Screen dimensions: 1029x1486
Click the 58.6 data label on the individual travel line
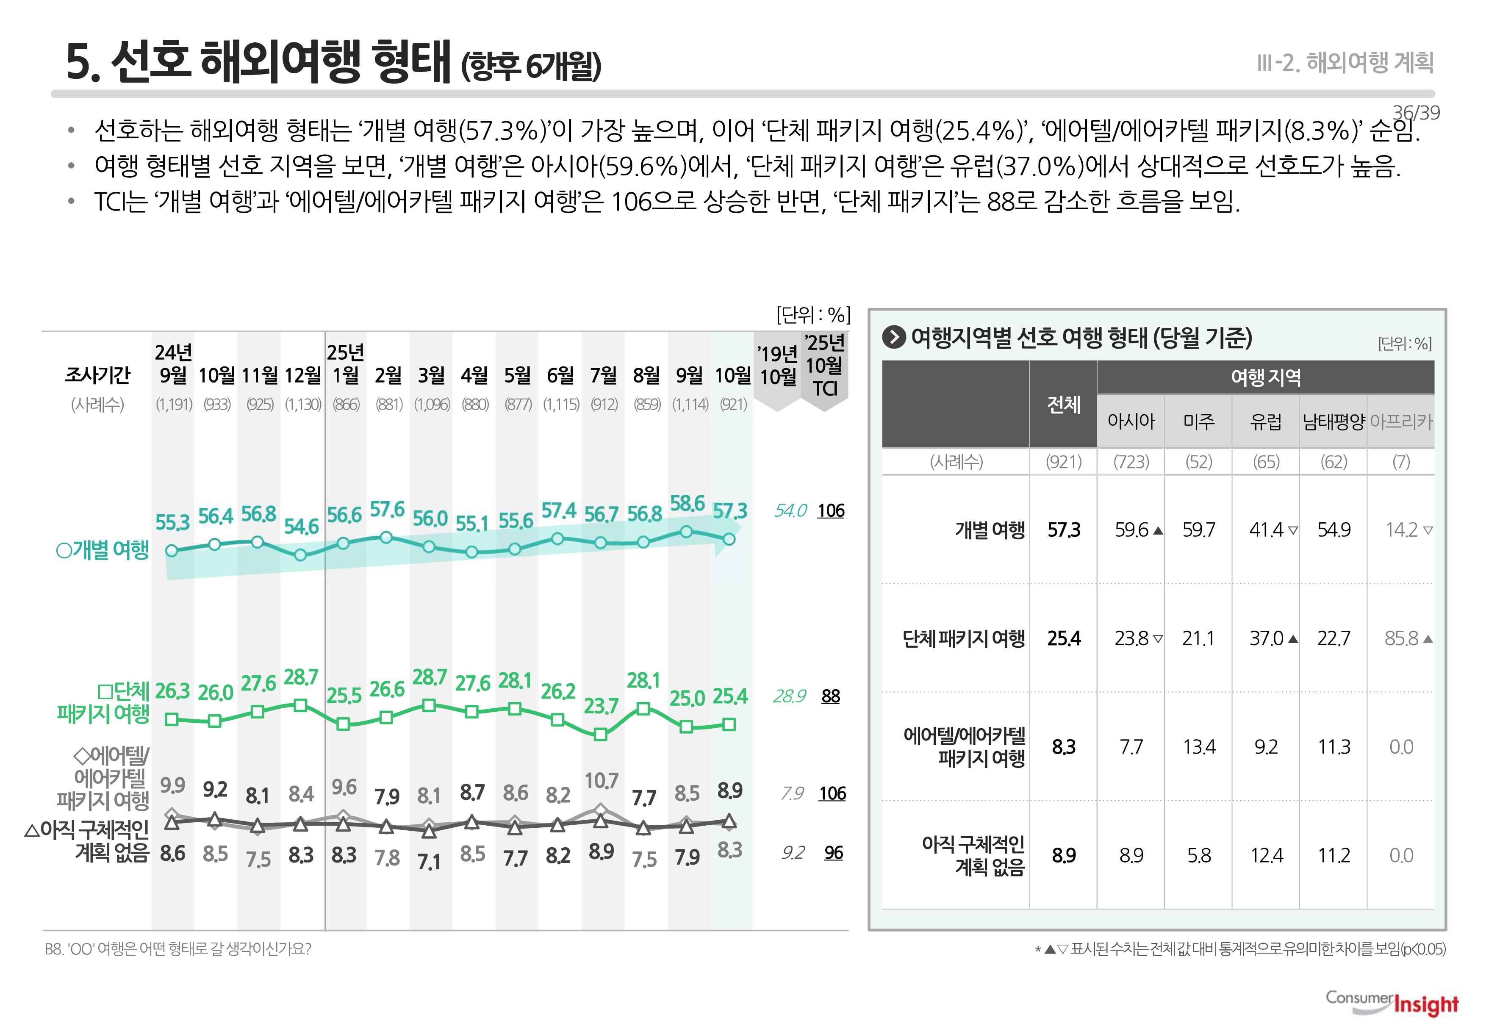(x=687, y=504)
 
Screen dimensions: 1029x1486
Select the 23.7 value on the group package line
(x=601, y=706)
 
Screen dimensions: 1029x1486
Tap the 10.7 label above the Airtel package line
(x=601, y=781)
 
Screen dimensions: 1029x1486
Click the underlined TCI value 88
(x=830, y=696)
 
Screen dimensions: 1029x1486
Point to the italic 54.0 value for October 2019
(x=790, y=510)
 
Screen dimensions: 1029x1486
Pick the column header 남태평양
(x=1333, y=422)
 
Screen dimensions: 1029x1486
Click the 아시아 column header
(x=1131, y=422)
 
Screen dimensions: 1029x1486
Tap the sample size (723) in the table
(x=1131, y=462)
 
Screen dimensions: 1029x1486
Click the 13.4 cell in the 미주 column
(x=1198, y=746)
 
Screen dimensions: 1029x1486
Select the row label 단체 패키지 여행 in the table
(x=963, y=638)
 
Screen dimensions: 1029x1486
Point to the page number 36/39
(x=1416, y=113)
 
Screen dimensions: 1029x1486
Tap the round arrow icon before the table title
(x=893, y=337)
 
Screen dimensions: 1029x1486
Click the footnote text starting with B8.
(x=178, y=949)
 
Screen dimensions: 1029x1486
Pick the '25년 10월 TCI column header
(x=825, y=366)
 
